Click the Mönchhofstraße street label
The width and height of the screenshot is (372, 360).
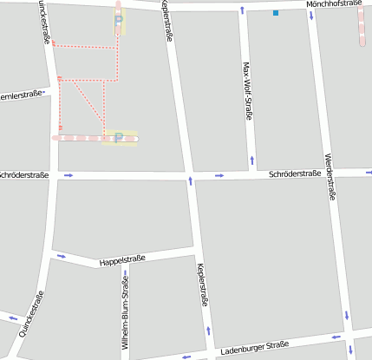(334, 4)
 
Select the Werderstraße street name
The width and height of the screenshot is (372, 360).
(330, 177)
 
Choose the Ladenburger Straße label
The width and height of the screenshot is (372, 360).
(254, 348)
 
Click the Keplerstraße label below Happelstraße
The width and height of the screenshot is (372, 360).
(203, 285)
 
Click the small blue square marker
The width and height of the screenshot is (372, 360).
(276, 13)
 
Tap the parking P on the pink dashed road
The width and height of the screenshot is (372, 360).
(118, 137)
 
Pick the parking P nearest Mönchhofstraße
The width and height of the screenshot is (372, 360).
(119, 19)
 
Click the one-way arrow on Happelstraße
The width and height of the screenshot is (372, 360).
(61, 256)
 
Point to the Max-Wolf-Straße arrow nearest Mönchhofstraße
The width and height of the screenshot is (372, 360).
(242, 11)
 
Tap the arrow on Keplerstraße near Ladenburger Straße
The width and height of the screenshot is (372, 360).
(208, 331)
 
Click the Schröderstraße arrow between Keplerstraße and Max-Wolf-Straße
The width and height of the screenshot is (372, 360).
(219, 175)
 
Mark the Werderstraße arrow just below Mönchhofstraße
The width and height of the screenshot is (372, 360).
(310, 15)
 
